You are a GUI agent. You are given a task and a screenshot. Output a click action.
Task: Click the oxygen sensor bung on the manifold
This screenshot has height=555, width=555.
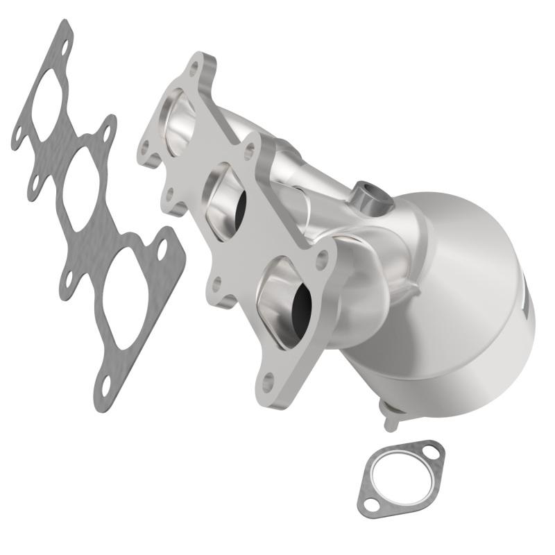(369, 196)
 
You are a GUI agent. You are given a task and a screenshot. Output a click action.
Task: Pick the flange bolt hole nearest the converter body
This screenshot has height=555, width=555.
(321, 262)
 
